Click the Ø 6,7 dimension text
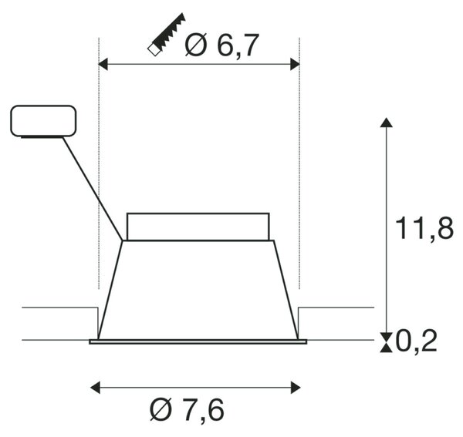pyautogui.click(x=222, y=45)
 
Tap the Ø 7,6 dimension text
pyautogui.click(x=187, y=410)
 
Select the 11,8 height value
pyautogui.click(x=424, y=228)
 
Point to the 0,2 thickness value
pyautogui.click(x=416, y=341)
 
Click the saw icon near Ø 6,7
pyautogui.click(x=166, y=35)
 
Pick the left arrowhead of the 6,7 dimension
pyautogui.click(x=103, y=64)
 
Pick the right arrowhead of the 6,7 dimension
pyautogui.click(x=295, y=64)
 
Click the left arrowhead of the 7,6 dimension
pyautogui.click(x=95, y=388)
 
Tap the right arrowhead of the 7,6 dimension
pyautogui.click(x=296, y=388)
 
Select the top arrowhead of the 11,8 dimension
pyautogui.click(x=387, y=123)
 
